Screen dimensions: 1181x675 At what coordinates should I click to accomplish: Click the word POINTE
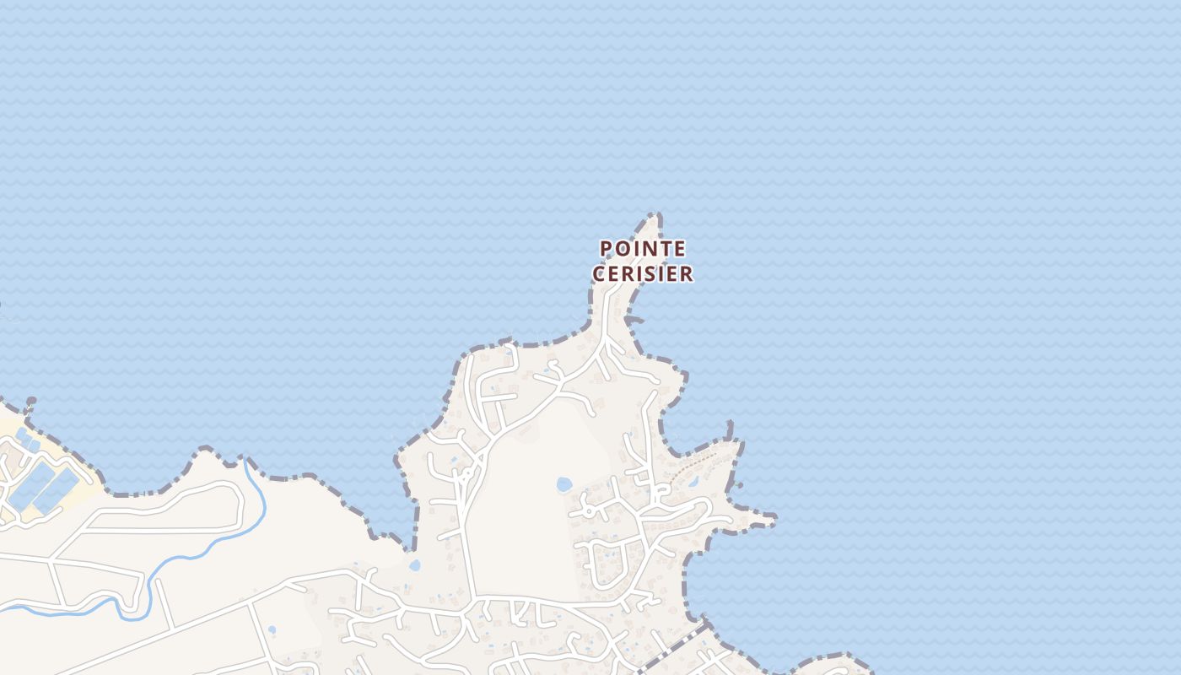[x=643, y=249]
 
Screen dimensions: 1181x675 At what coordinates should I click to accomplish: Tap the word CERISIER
[x=643, y=274]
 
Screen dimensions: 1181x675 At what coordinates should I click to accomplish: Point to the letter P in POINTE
[x=606, y=249]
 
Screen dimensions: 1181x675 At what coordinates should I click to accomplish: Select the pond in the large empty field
[x=564, y=484]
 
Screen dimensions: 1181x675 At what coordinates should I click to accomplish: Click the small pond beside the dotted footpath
[x=693, y=482]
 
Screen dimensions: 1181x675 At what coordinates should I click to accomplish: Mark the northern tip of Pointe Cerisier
[x=655, y=216]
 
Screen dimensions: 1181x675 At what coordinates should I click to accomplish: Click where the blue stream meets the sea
[x=245, y=460]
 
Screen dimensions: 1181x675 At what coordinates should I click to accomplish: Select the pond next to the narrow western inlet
[x=413, y=565]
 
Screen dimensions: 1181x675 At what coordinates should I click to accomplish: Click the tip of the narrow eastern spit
[x=771, y=517]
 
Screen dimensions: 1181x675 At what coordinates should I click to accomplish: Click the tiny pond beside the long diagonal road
[x=271, y=629]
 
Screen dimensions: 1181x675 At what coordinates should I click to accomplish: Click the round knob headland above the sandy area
[x=31, y=402]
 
